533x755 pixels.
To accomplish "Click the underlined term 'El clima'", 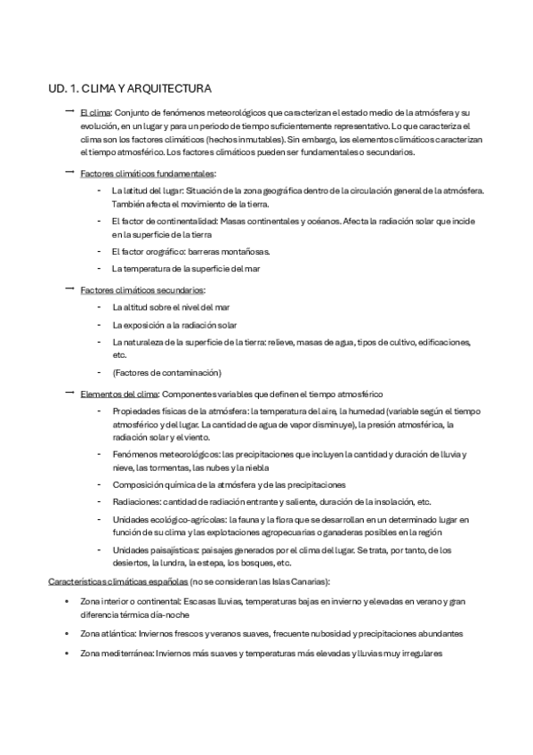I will pos(94,114).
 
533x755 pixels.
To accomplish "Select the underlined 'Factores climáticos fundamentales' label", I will pos(147,173).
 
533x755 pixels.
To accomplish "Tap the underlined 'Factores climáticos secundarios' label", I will pos(142,290).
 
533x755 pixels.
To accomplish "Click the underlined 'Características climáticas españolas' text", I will pos(117,581).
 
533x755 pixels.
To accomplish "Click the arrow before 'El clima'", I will pos(69,112).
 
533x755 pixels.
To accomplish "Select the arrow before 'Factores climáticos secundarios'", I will pos(69,289).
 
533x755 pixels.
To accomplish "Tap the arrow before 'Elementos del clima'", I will pos(69,392).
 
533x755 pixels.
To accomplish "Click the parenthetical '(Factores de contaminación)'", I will pos(166,372).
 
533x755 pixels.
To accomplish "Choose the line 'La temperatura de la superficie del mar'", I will pos(186,268).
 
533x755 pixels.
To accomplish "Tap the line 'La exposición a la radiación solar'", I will pos(174,325).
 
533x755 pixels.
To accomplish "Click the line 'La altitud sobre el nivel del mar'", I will pos(171,307).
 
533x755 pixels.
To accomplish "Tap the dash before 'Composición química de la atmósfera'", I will pos(97,484).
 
